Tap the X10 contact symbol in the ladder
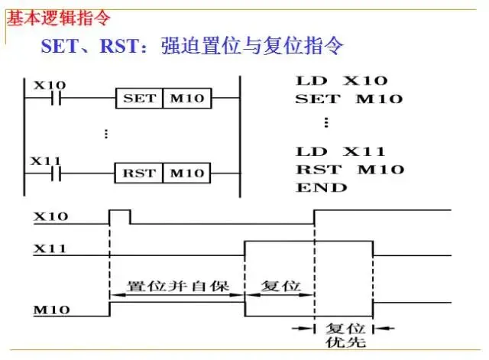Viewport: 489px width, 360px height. (x=53, y=99)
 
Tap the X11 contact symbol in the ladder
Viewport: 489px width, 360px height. (x=53, y=174)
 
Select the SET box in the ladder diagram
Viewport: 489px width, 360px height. (x=138, y=99)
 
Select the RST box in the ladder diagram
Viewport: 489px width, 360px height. (x=138, y=174)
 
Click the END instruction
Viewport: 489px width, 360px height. (x=321, y=187)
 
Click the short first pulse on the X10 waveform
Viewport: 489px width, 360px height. (x=120, y=216)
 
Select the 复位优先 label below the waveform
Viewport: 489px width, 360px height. (x=343, y=330)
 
